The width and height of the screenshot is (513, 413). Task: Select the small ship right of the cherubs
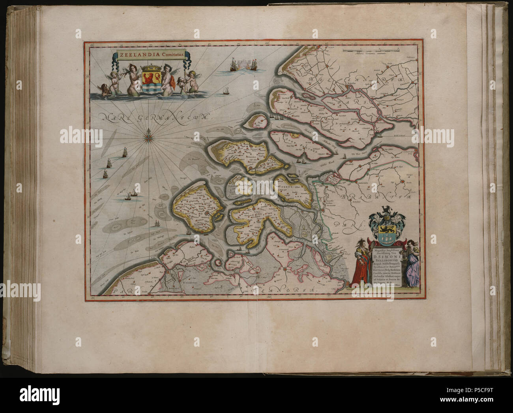click(227, 92)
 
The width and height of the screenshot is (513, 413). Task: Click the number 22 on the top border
click(267, 42)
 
